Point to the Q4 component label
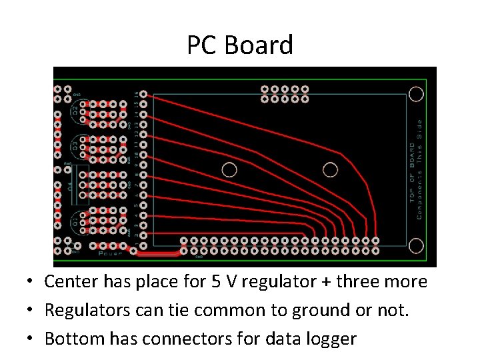click(x=71, y=186)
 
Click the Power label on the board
click(x=110, y=253)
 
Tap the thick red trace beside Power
click(x=159, y=253)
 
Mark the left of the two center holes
click(x=229, y=169)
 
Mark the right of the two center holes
click(x=330, y=169)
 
